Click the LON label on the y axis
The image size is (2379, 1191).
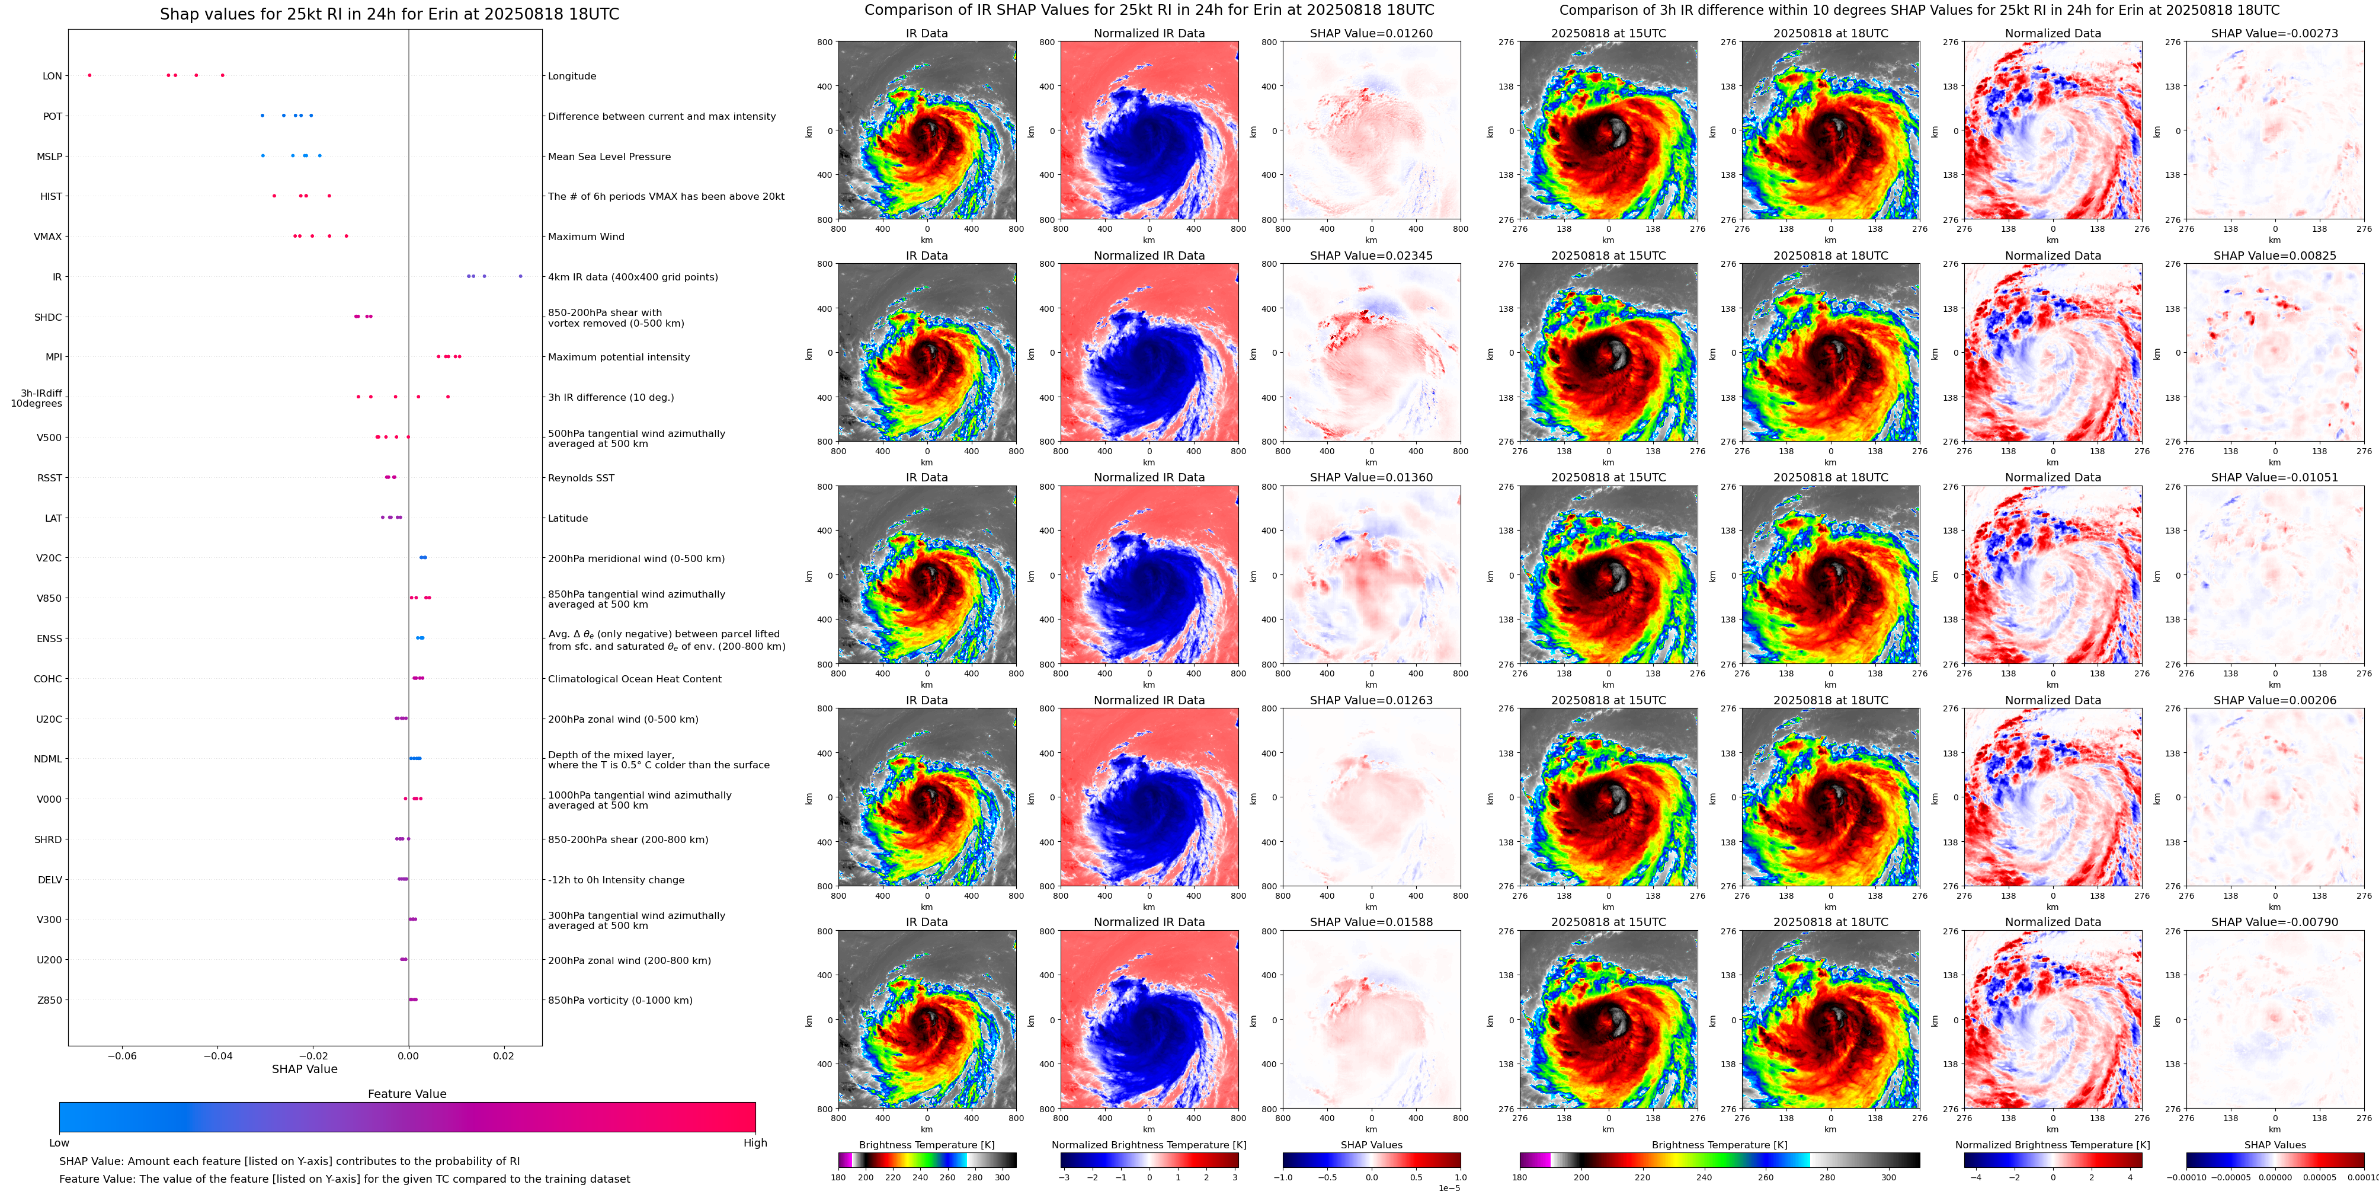pyautogui.click(x=52, y=76)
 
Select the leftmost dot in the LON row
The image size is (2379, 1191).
pyautogui.click(x=89, y=75)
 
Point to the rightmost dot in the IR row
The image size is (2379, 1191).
pyautogui.click(x=521, y=276)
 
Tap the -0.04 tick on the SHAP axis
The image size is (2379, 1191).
pyautogui.click(x=218, y=1055)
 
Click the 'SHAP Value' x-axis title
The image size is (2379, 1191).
pyautogui.click(x=305, y=1069)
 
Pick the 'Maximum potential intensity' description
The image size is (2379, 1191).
pyautogui.click(x=619, y=357)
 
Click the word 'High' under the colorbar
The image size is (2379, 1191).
pyautogui.click(x=755, y=1143)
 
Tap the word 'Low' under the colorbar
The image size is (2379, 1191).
pyautogui.click(x=59, y=1143)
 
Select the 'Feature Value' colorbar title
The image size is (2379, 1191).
pyautogui.click(x=406, y=1094)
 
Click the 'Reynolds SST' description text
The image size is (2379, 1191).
pyautogui.click(x=581, y=478)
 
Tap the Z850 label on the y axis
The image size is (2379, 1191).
pyautogui.click(x=49, y=1000)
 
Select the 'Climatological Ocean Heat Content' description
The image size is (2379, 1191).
pyautogui.click(x=635, y=679)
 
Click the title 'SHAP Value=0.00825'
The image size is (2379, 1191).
pyautogui.click(x=2275, y=256)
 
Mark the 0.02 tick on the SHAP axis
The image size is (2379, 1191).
pyautogui.click(x=503, y=1055)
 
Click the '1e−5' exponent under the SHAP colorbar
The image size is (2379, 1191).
pyautogui.click(x=1449, y=1187)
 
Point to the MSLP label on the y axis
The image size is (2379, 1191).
pyautogui.click(x=49, y=156)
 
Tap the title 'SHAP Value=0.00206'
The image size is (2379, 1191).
pyautogui.click(x=2275, y=700)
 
